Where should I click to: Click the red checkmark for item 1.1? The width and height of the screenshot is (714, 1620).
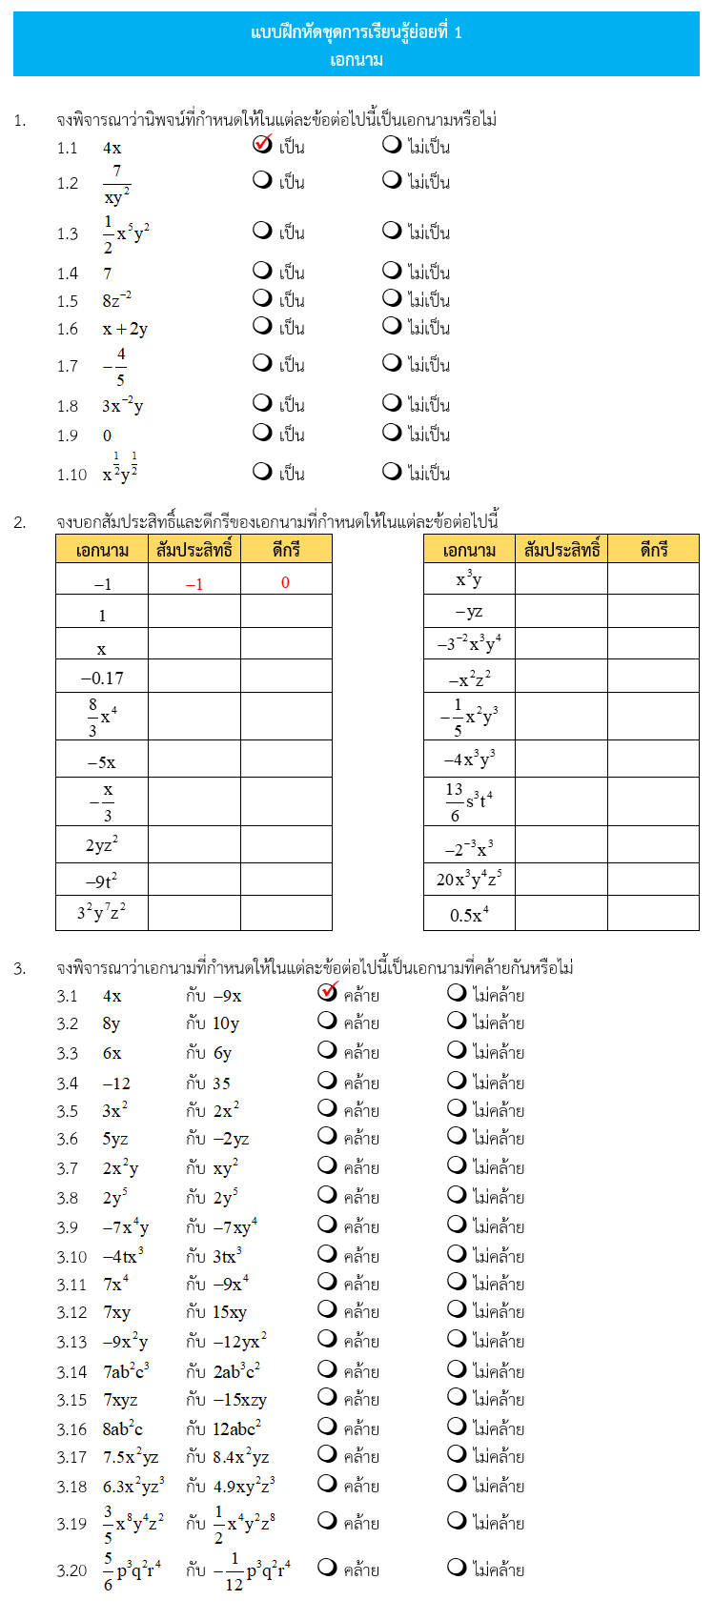pos(263,144)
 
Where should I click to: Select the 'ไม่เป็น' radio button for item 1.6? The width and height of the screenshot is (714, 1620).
pos(391,326)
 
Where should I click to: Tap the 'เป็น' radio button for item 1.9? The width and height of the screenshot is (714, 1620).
pos(262,433)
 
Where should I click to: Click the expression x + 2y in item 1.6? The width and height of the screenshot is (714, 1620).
pos(125,329)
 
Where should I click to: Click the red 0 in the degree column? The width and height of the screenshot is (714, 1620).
pos(285,582)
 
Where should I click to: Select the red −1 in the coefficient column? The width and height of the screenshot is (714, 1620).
pos(194,584)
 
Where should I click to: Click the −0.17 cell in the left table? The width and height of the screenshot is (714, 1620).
pos(102,678)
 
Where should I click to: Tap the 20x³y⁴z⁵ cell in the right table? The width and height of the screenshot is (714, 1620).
pos(469,879)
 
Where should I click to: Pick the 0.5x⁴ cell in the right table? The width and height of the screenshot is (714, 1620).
pos(469,914)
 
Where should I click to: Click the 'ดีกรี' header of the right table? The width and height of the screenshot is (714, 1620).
pos(653,550)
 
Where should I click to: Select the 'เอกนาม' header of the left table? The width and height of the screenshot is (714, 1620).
pos(102,550)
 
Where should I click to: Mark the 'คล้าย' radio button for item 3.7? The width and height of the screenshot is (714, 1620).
pos(327,1166)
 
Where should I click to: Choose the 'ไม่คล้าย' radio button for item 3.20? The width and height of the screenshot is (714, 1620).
pos(457,1569)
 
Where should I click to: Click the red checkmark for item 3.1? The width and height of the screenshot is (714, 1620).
pos(328,991)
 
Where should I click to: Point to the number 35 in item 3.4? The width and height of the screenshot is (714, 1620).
pos(221,1083)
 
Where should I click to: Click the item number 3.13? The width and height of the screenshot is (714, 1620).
pos(71,1342)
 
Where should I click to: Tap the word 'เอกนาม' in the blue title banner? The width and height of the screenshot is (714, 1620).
pos(357,60)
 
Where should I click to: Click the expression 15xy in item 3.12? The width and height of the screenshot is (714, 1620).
pos(230,1312)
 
